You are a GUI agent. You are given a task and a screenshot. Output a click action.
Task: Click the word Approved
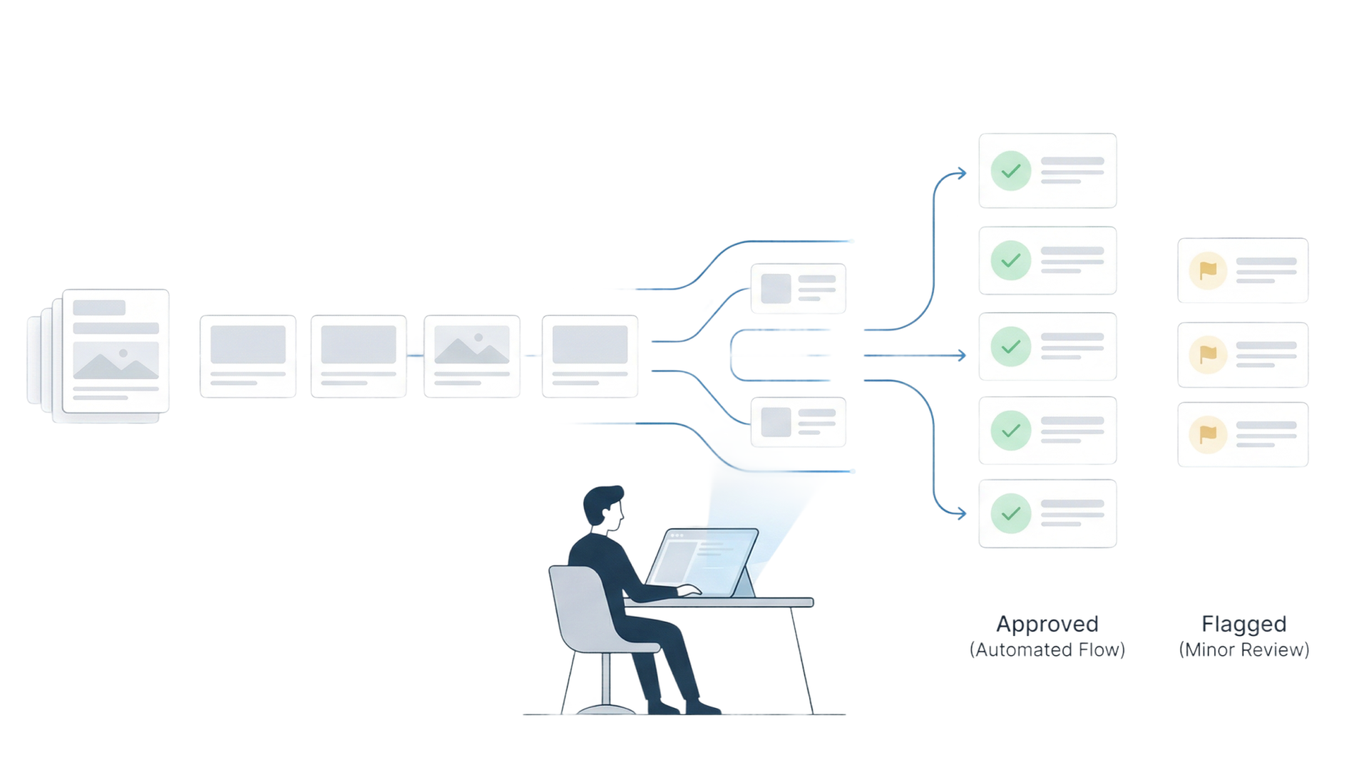click(1047, 625)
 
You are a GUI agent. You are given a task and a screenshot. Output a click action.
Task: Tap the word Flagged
click(1244, 625)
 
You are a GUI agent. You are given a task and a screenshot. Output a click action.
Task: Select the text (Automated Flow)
click(1047, 650)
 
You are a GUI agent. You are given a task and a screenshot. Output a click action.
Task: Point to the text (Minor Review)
click(1244, 650)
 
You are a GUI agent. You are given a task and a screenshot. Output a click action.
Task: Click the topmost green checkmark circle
click(1010, 171)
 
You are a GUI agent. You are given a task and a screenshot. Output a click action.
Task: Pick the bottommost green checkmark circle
click(1010, 513)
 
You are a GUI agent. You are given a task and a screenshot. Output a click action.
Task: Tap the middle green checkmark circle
click(1010, 346)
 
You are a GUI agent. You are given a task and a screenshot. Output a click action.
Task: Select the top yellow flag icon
click(1208, 271)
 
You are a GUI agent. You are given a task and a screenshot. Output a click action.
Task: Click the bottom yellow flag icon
click(1208, 434)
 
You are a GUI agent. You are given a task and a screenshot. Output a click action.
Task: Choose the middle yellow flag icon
click(1208, 354)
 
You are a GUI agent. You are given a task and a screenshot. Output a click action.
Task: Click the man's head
click(605, 508)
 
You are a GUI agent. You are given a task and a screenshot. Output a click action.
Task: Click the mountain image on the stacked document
click(116, 360)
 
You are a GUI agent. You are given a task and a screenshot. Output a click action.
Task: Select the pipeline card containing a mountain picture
click(472, 356)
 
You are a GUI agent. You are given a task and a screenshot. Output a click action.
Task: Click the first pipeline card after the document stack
click(248, 356)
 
